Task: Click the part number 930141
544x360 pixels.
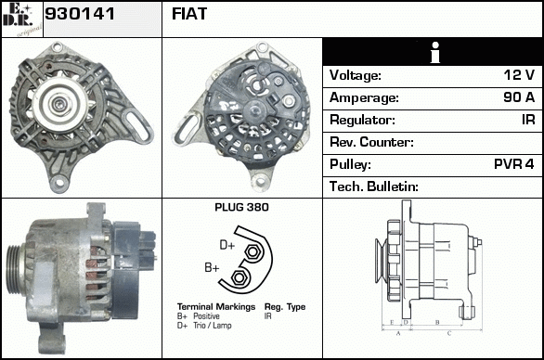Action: (x=80, y=14)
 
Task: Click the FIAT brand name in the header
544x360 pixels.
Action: (x=189, y=14)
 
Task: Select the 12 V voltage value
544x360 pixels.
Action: (x=519, y=74)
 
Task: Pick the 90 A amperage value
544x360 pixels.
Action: (x=519, y=97)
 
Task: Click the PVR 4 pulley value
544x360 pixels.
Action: (x=513, y=163)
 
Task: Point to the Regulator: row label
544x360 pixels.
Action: (x=362, y=120)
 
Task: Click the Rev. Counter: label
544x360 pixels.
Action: (x=371, y=142)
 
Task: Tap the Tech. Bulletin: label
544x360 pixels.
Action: (x=374, y=186)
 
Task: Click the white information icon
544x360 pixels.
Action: (x=435, y=52)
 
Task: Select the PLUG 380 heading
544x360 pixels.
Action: (x=241, y=207)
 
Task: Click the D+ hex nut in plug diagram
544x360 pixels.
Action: (x=253, y=251)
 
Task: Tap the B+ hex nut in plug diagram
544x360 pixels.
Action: (x=239, y=277)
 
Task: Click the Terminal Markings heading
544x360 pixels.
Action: (x=216, y=306)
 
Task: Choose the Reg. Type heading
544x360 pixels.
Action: (x=285, y=307)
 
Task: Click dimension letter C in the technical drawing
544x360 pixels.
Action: (x=449, y=333)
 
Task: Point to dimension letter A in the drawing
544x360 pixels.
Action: (x=398, y=333)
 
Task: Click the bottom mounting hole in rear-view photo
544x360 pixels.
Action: (x=260, y=181)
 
